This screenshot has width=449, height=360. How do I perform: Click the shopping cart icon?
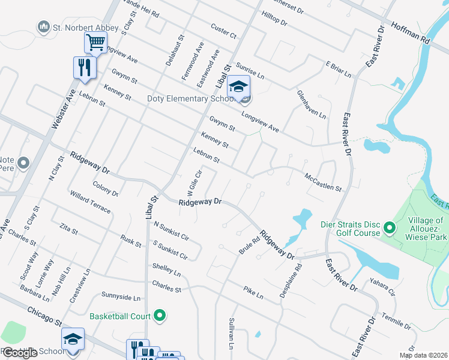(x=95, y=43)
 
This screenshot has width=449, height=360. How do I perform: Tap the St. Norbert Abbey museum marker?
(x=43, y=26)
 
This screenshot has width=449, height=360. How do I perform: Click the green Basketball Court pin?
(x=160, y=314)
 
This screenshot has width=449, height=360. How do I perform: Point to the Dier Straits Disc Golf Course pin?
(x=388, y=228)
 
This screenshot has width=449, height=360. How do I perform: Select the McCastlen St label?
(x=324, y=182)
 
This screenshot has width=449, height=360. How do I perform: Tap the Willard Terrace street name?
(x=90, y=203)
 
